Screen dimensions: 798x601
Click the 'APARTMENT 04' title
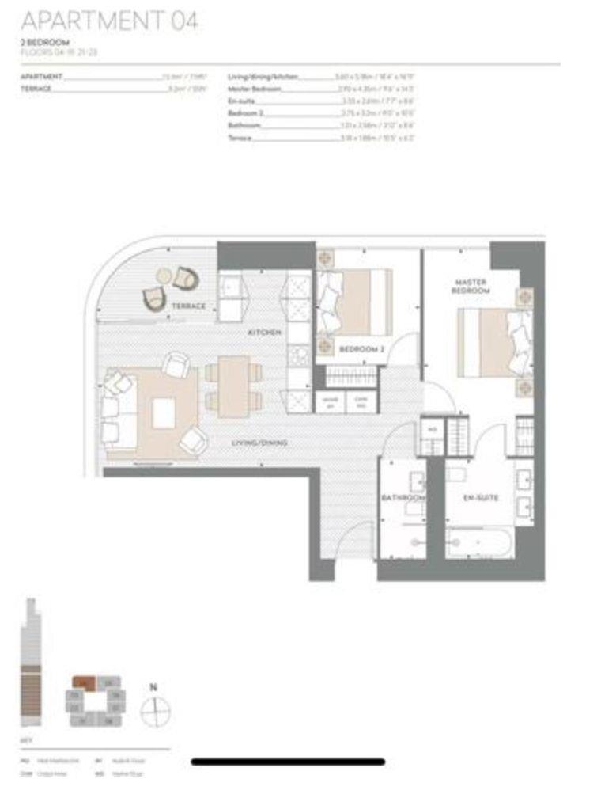109,21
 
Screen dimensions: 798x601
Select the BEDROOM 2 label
361,349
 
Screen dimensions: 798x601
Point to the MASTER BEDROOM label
471,287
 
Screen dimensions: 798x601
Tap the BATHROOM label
403,498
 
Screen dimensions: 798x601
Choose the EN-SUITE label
480,498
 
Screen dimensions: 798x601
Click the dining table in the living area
233,386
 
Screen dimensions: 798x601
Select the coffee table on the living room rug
164,413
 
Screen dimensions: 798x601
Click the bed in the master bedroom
494,341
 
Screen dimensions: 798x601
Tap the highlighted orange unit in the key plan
84,682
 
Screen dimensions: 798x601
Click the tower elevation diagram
30,665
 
